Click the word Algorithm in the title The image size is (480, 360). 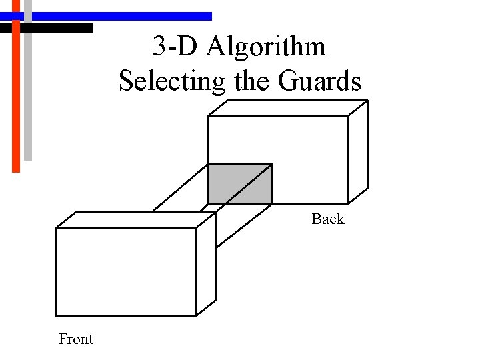[x=267, y=47]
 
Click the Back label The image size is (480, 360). [x=327, y=219]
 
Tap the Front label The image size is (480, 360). [x=76, y=339]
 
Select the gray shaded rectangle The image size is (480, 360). [x=240, y=183]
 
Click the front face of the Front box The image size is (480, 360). [x=126, y=272]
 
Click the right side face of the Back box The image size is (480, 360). [x=359, y=152]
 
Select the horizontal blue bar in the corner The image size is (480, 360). [x=113, y=16]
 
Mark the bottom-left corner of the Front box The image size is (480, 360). [x=56, y=316]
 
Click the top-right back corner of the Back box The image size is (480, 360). [x=368, y=101]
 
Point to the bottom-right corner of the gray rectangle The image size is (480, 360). [x=272, y=203]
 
